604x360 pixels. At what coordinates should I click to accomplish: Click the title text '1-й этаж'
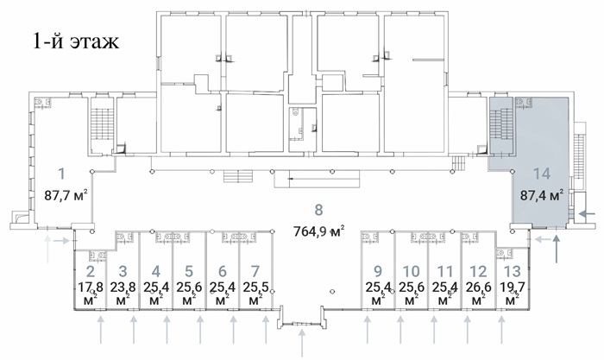pos(76,41)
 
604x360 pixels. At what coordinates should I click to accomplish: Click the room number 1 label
pos(61,174)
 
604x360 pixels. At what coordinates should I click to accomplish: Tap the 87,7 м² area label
pos(66,194)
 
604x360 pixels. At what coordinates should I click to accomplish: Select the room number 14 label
pos(541,174)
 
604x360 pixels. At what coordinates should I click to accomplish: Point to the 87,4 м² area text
pos(542,194)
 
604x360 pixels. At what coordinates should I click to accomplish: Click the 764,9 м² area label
pos(318,231)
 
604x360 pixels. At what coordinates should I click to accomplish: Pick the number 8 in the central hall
pos(318,210)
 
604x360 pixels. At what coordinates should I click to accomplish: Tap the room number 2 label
pos(91,271)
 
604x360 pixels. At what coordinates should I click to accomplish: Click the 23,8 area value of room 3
pos(123,287)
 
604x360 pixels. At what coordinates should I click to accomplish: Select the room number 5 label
pos(189,271)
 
